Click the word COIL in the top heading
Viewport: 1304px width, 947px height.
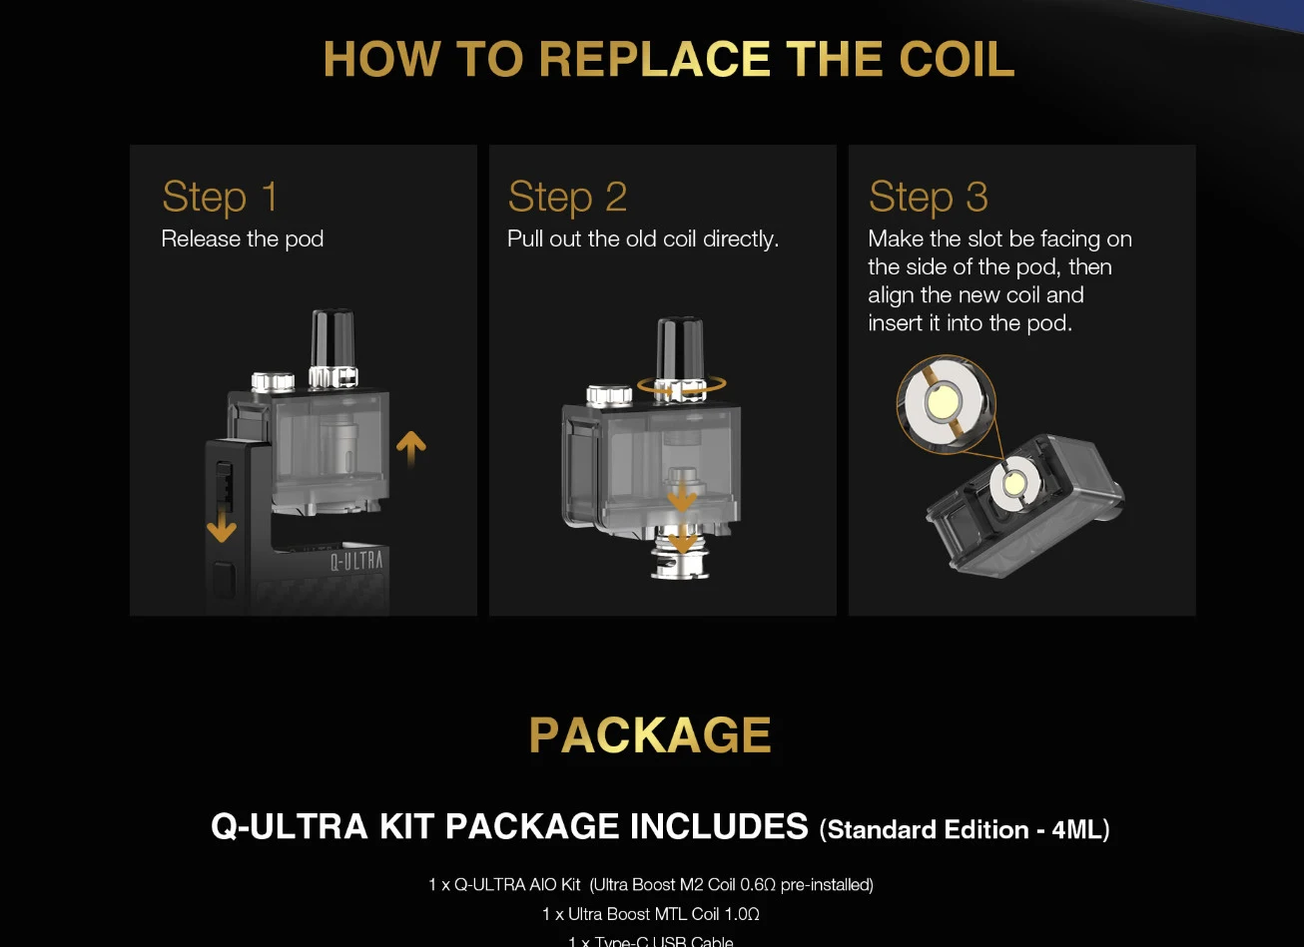point(957,59)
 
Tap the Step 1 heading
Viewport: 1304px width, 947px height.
point(220,197)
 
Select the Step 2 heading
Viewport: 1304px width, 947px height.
point(567,197)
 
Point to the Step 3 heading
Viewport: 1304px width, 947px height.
point(928,197)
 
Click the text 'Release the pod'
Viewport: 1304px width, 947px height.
point(243,239)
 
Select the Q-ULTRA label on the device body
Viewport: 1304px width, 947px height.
point(356,560)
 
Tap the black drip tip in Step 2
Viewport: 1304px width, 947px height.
point(682,349)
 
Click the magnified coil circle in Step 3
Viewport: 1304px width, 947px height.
point(945,404)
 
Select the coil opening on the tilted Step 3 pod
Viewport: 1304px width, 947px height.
point(1011,483)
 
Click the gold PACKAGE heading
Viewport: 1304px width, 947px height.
point(650,735)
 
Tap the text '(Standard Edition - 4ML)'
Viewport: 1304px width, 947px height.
point(964,830)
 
